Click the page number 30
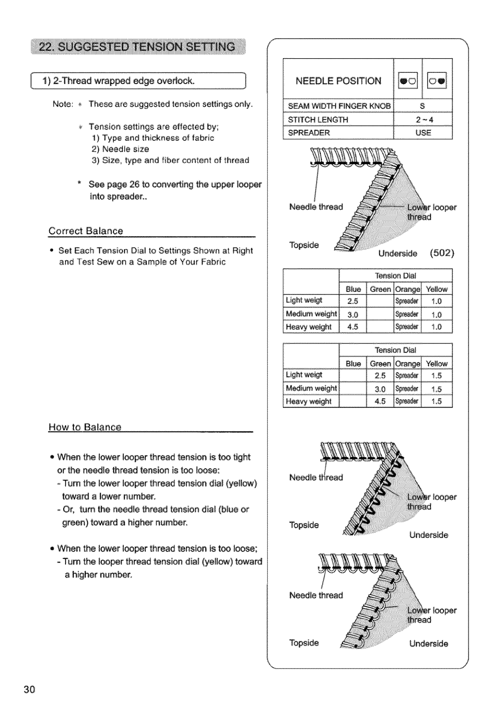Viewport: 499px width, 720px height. pos(29,690)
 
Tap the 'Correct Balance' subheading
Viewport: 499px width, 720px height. pos(86,231)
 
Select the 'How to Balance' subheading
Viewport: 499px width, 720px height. pos(85,427)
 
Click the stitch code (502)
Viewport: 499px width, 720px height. pos(442,253)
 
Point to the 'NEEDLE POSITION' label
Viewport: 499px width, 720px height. pos(338,81)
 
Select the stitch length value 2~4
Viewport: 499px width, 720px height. pos(424,119)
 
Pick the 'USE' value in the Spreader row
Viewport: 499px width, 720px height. pos(423,133)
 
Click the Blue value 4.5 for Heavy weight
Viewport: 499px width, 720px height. pos(353,327)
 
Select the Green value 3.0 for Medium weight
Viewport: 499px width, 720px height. pos(380,389)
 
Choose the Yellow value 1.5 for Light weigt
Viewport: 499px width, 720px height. pos(436,376)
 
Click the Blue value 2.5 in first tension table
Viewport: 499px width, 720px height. pos(353,301)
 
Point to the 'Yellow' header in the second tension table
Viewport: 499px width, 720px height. pos(436,363)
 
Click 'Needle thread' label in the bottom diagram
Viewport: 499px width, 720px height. pos(316,595)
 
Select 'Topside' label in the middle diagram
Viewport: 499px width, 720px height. pos(304,525)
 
